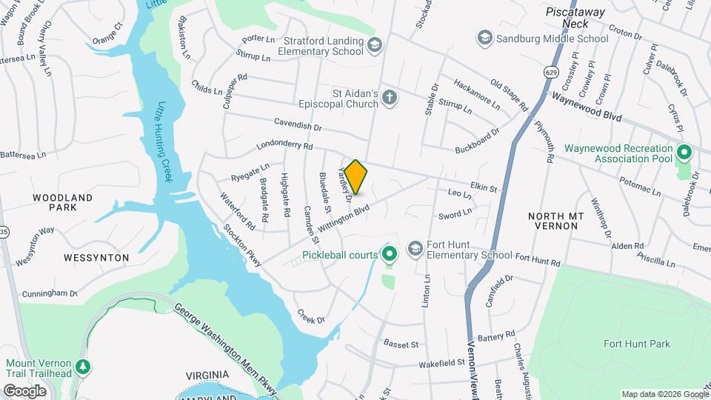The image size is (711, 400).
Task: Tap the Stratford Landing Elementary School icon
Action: (375, 46)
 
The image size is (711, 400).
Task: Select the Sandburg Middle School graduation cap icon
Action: (485, 37)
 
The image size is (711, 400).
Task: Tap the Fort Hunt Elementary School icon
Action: (416, 248)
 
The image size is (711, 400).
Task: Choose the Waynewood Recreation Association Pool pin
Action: (684, 153)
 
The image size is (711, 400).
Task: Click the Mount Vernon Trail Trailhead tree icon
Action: (83, 366)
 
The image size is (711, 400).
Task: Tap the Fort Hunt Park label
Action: (636, 344)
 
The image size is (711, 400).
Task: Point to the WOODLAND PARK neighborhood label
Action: (62, 202)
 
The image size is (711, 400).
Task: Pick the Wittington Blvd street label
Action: (343, 219)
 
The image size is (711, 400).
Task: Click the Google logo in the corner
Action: (24, 390)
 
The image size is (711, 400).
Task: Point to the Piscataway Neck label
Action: (575, 18)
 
